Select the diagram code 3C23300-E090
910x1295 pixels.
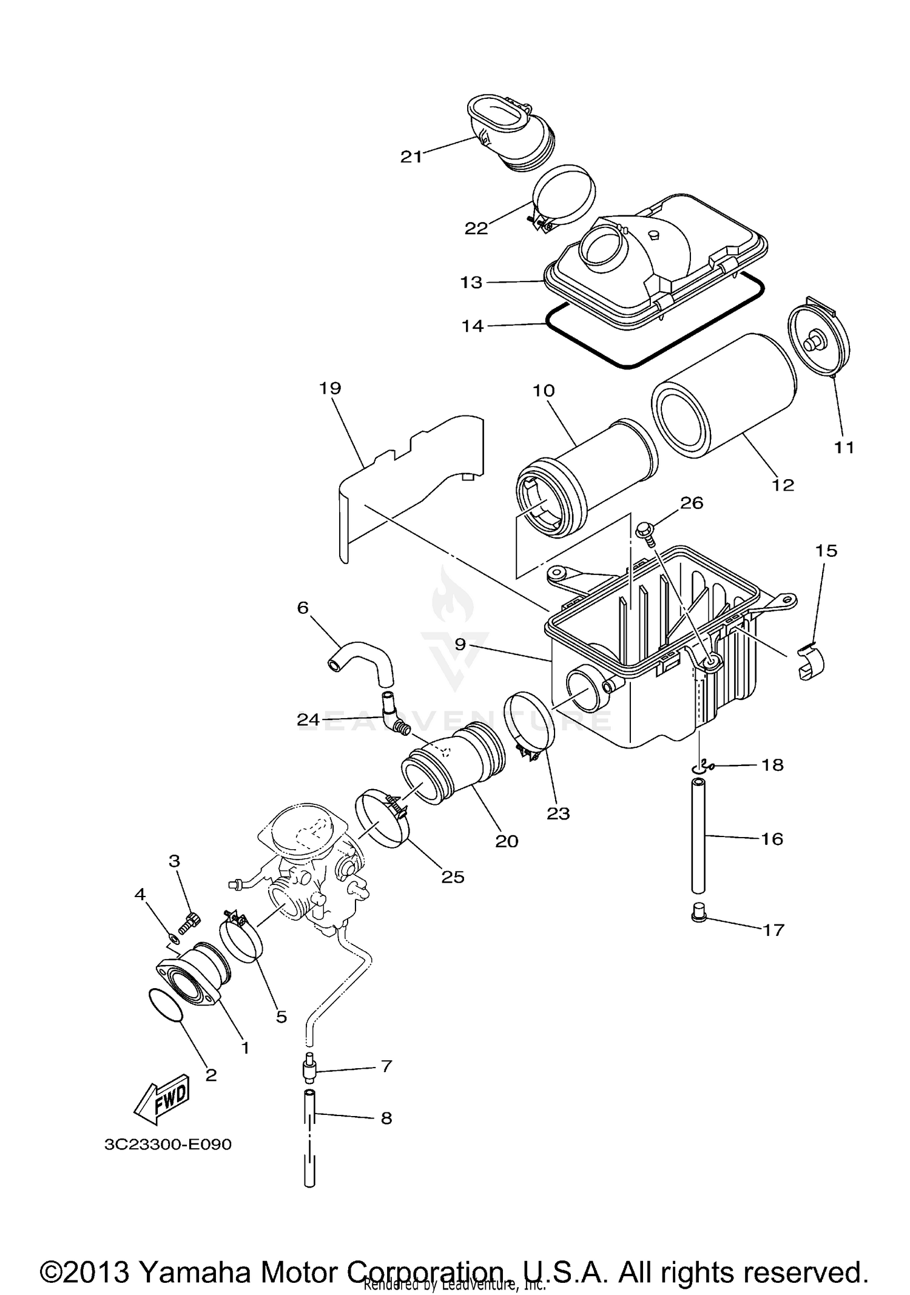pos(168,1145)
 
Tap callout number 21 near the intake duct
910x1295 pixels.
pos(411,157)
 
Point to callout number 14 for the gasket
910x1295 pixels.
pos(473,326)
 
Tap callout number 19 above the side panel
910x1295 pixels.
pos(330,388)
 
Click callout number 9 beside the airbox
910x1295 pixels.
pos(460,644)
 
